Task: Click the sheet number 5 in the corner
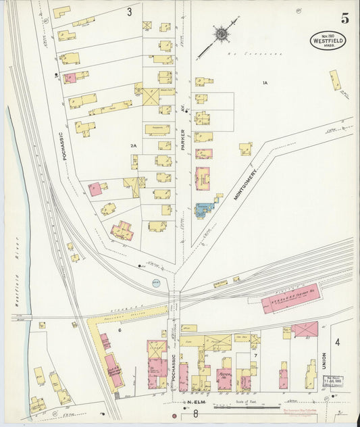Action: (344, 19)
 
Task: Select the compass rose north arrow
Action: (221, 33)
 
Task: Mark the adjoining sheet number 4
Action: (337, 342)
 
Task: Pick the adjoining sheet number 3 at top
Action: (128, 11)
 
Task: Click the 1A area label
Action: (265, 82)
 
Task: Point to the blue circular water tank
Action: (156, 283)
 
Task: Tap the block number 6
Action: (120, 330)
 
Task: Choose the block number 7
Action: (255, 354)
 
